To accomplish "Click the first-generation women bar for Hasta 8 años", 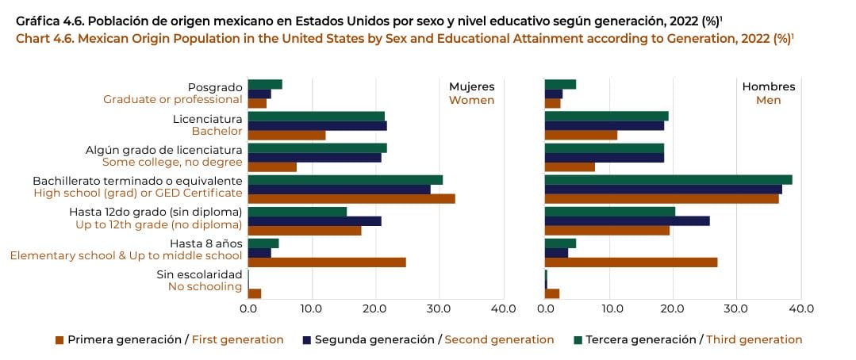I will click(x=327, y=262).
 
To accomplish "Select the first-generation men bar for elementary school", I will click(x=631, y=262).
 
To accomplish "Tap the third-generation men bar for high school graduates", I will click(x=668, y=179).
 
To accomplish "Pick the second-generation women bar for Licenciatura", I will click(x=317, y=125).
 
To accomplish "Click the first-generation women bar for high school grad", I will click(x=351, y=199).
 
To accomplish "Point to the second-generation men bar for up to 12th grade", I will click(x=627, y=220).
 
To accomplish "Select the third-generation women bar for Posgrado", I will click(x=265, y=84).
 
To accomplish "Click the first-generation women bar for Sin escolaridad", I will click(x=255, y=293).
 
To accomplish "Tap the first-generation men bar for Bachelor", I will click(x=581, y=135).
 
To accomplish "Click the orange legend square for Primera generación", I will click(x=59, y=339).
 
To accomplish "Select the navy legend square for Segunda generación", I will click(x=307, y=339).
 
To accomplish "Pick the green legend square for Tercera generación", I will click(x=578, y=339).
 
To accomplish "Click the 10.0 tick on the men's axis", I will click(x=609, y=308).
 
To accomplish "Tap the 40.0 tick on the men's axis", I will click(x=800, y=308).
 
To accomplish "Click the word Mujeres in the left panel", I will click(x=471, y=86).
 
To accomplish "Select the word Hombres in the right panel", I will click(x=768, y=86).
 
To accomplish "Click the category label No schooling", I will click(x=205, y=286).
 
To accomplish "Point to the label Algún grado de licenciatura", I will click(x=163, y=149).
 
